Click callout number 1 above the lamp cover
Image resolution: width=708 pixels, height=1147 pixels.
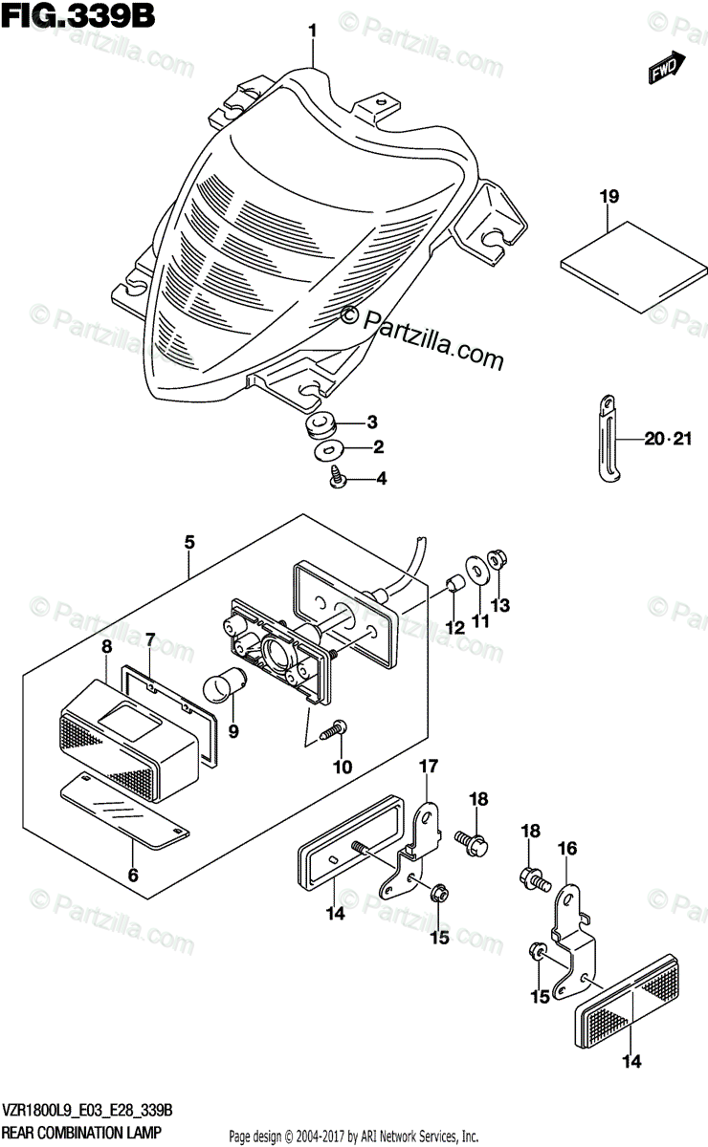312,32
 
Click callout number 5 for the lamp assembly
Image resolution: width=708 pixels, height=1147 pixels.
189,543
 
